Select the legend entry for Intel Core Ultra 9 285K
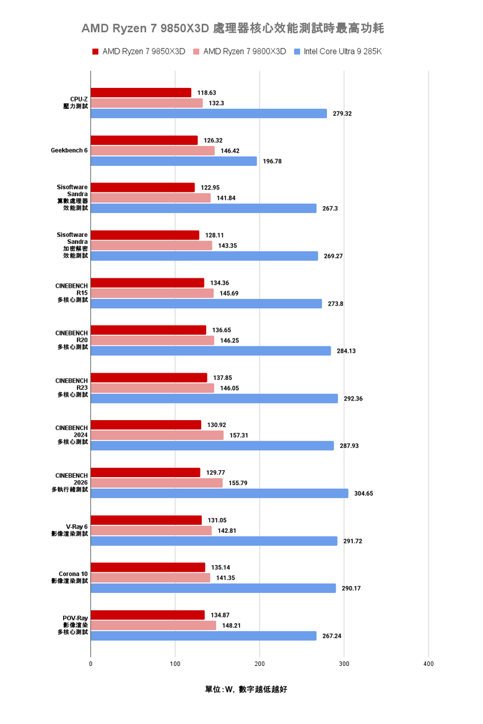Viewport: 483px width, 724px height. click(x=342, y=51)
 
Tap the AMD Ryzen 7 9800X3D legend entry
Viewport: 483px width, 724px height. click(x=244, y=51)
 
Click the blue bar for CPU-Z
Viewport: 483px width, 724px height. click(x=209, y=113)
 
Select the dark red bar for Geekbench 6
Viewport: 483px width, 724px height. click(x=144, y=140)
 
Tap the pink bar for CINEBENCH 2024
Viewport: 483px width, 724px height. click(x=157, y=435)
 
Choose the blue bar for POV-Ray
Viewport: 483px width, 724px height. click(x=204, y=636)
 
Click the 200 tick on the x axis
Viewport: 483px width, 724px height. click(x=259, y=663)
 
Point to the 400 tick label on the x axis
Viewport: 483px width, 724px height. click(x=429, y=663)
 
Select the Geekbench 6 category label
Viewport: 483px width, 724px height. click(x=69, y=150)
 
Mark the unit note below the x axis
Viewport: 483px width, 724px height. click(x=246, y=689)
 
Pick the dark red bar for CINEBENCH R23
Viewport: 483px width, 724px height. click(x=149, y=377)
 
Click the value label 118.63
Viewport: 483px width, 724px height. click(x=207, y=93)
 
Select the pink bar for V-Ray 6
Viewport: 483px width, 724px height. click(x=151, y=530)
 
